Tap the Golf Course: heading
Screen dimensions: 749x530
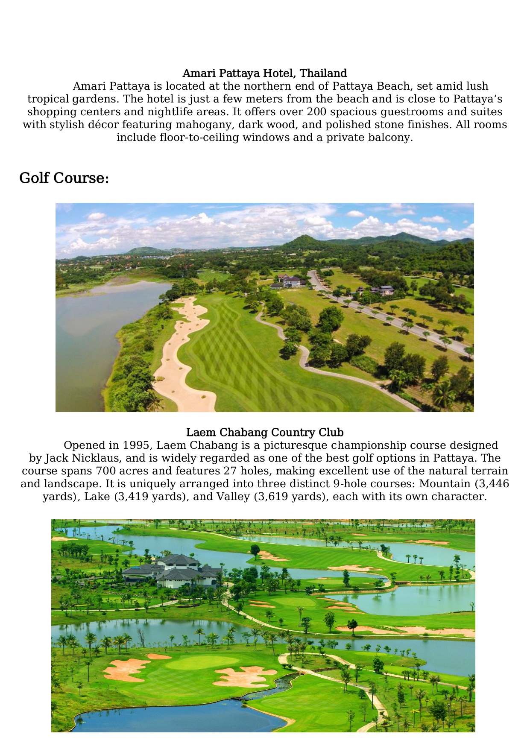point(64,178)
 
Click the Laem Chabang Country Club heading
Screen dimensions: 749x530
point(265,433)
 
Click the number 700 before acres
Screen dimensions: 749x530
point(105,471)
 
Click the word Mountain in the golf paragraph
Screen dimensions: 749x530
point(444,484)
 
